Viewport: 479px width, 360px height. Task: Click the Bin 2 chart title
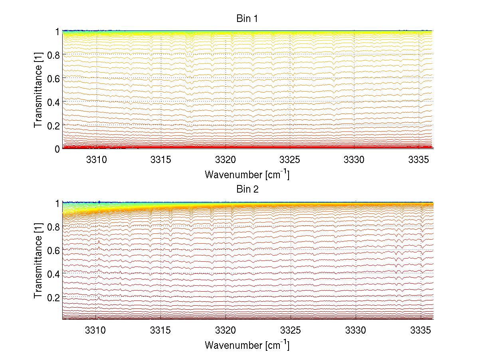tap(247, 189)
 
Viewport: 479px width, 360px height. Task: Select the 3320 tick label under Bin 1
tap(226, 160)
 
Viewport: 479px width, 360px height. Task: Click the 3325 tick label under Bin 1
tap(290, 160)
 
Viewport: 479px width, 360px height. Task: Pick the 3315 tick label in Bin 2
tap(161, 330)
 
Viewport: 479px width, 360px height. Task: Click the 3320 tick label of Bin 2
tap(226, 330)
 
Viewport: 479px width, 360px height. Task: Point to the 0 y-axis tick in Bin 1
tap(57, 149)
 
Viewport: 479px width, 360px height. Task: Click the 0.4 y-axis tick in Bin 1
tap(53, 101)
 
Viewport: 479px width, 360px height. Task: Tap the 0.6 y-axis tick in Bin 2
tap(53, 250)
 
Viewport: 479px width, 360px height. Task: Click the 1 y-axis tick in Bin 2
tap(57, 203)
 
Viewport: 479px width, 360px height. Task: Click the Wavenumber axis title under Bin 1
tap(247, 175)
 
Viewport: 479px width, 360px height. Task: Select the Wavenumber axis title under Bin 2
tap(247, 345)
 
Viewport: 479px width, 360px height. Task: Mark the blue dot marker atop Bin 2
tap(99, 202)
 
